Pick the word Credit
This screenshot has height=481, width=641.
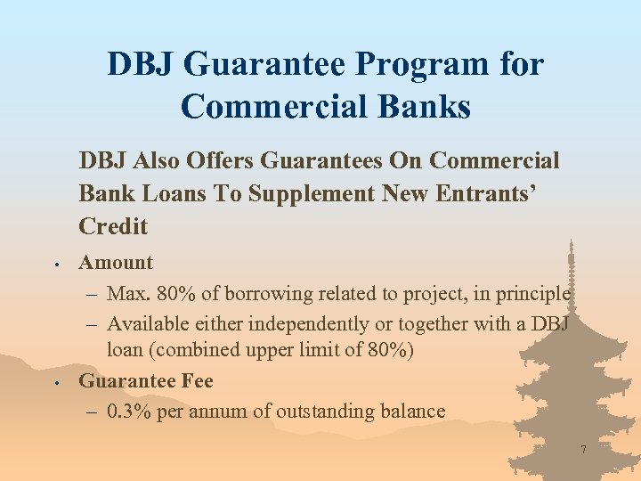pyautogui.click(x=113, y=226)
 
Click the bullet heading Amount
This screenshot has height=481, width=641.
pyautogui.click(x=116, y=263)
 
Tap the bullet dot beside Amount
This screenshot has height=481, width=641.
pyautogui.click(x=55, y=265)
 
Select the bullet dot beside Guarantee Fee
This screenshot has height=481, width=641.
pyautogui.click(x=55, y=383)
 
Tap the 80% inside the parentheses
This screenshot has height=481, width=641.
pyautogui.click(x=389, y=351)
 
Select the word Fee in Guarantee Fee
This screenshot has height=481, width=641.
pyautogui.click(x=197, y=381)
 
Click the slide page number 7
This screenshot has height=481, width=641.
pyautogui.click(x=583, y=451)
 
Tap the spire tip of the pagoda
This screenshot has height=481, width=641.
pyautogui.click(x=571, y=240)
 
